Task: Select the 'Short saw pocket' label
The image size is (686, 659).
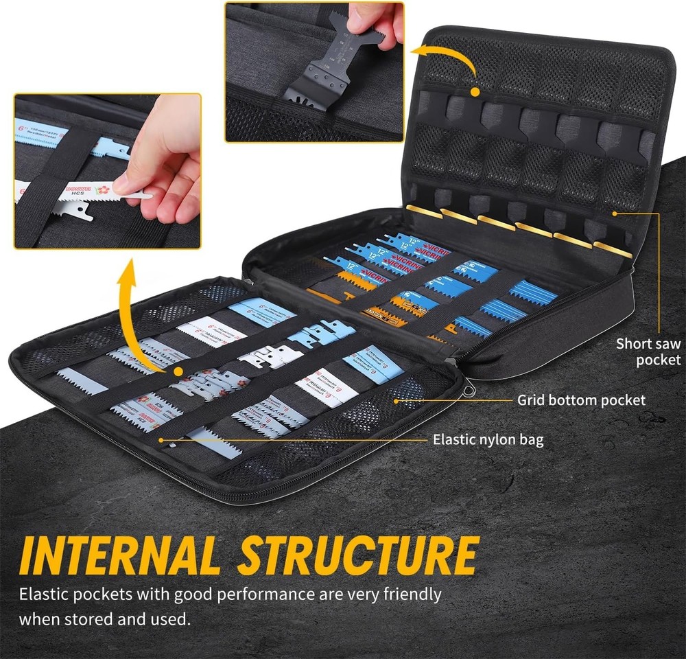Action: click(648, 351)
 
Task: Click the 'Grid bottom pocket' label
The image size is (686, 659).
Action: click(581, 400)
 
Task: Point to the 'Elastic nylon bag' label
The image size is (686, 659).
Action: click(488, 439)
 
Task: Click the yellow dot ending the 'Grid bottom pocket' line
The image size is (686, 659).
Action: click(396, 399)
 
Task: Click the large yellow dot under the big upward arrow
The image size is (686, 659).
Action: click(178, 371)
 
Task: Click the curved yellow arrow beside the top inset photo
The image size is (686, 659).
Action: click(453, 62)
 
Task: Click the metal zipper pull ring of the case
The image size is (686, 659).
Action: click(469, 392)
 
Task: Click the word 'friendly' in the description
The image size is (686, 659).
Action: click(410, 593)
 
